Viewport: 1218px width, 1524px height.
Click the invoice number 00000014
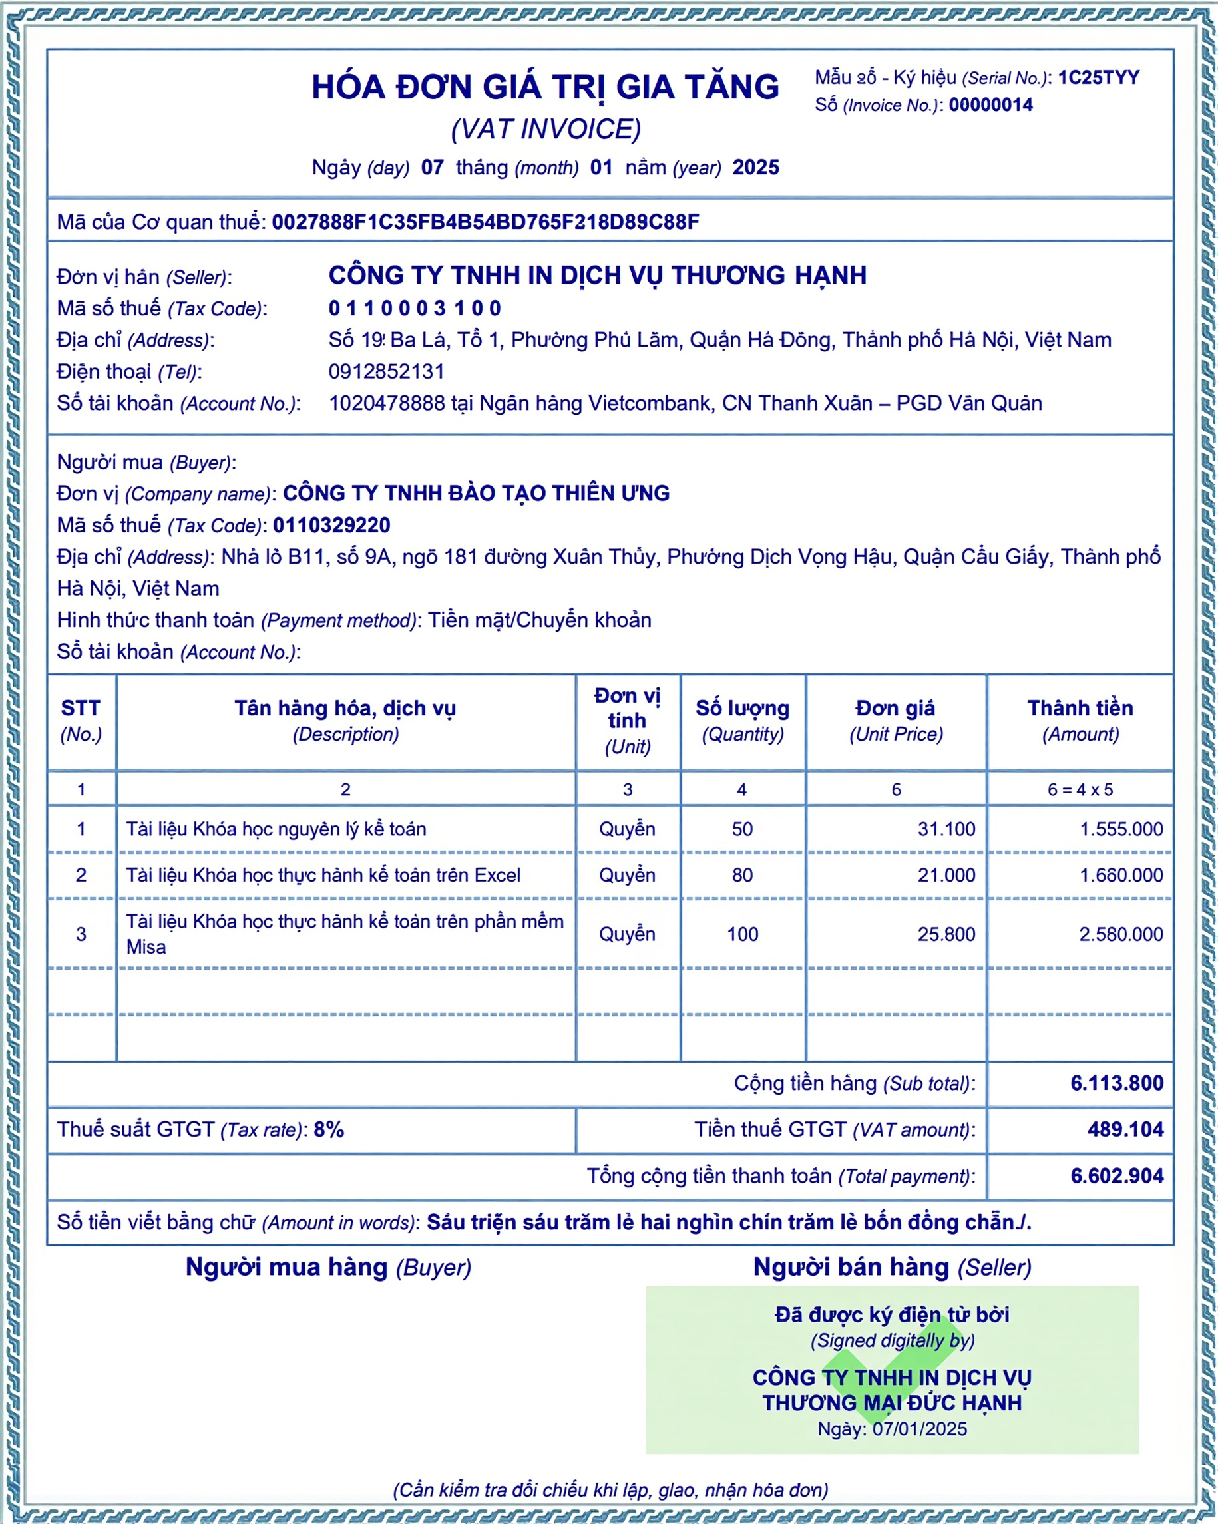990,105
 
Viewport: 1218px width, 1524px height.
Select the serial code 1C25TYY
1099,78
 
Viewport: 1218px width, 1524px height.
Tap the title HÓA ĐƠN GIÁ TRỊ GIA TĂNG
545,88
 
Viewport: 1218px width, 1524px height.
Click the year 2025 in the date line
755,168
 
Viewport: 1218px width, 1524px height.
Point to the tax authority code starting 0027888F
485,222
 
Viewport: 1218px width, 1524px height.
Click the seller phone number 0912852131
386,372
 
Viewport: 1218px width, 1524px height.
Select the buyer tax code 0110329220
331,525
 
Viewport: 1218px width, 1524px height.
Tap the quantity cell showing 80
742,875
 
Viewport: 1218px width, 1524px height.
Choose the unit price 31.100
946,829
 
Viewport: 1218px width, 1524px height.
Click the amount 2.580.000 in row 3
1120,934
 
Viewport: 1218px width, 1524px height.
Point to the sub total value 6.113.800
1116,1083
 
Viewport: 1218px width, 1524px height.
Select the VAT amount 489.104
1125,1129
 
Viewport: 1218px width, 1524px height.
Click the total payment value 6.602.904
1116,1175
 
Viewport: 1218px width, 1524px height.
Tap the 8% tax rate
329,1129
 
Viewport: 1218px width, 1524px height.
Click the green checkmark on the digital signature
892,1378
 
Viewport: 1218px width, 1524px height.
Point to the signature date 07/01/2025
919,1429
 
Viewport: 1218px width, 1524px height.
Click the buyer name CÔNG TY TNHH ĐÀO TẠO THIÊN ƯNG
476,493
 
